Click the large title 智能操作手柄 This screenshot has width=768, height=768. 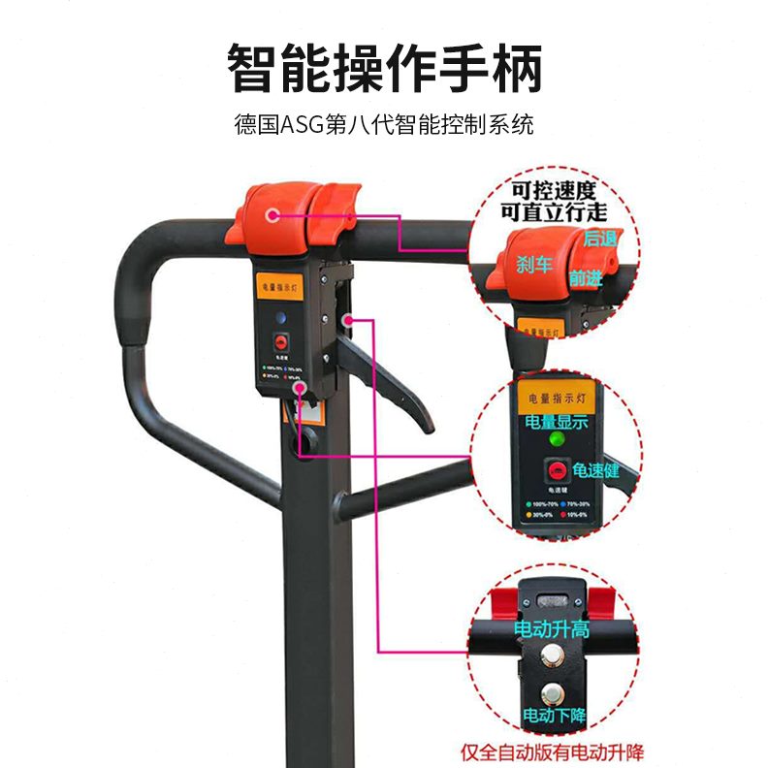point(384,69)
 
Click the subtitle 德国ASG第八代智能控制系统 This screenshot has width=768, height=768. point(384,125)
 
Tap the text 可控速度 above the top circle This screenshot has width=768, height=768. point(553,189)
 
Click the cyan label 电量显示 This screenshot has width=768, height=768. point(556,422)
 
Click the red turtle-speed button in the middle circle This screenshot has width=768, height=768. point(556,472)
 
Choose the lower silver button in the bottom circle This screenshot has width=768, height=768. point(554,692)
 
